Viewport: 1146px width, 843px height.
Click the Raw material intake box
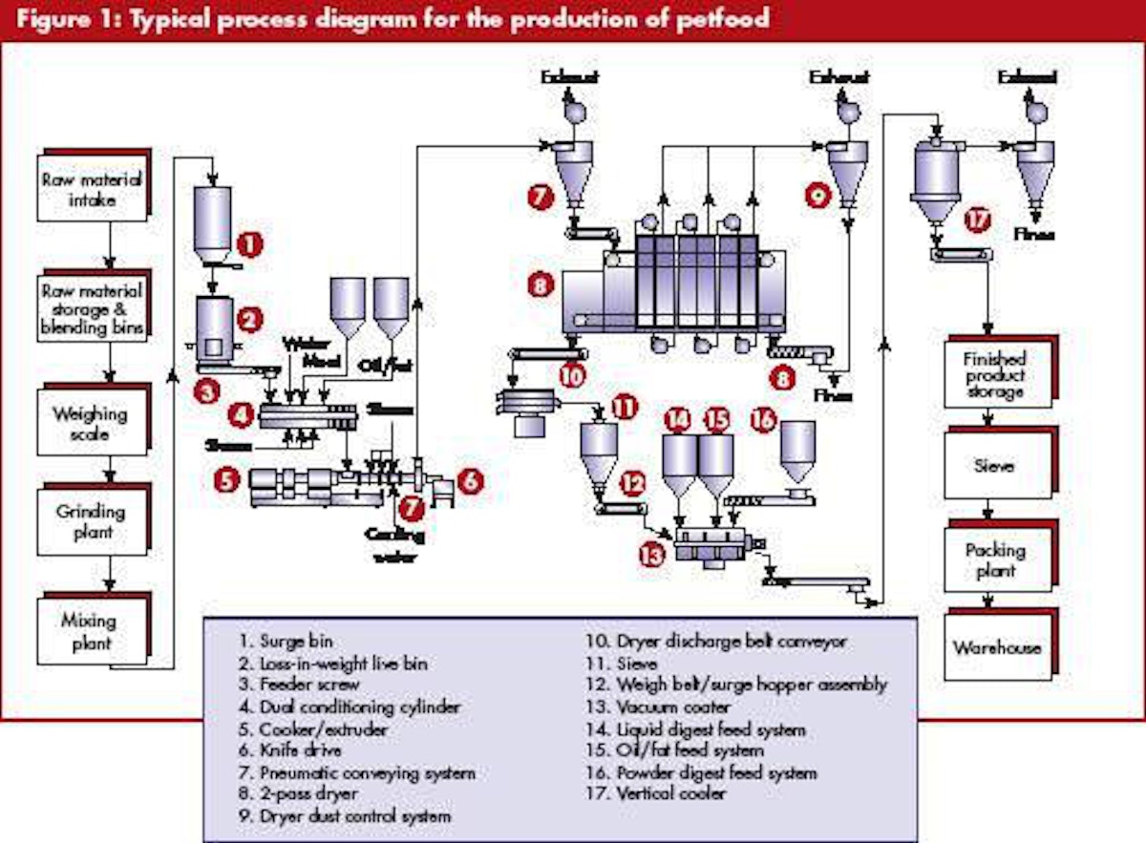pos(92,189)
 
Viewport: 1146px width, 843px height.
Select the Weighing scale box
pos(89,424)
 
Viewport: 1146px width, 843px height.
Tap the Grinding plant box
pos(89,522)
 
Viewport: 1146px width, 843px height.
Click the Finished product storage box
pos(995,375)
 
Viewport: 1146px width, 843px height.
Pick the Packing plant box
pos(995,560)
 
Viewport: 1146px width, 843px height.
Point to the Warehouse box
pos(995,648)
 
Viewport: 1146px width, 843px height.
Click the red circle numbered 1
pos(249,245)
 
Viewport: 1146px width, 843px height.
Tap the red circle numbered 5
pos(225,480)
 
